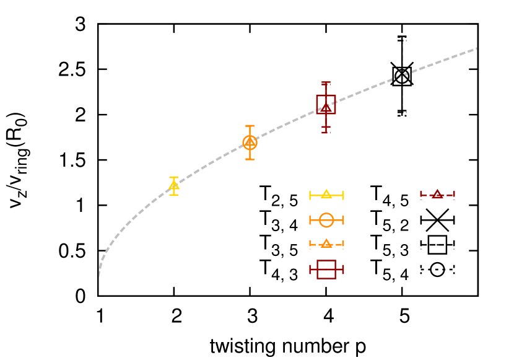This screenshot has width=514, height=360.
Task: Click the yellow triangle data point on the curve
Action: [x=174, y=185]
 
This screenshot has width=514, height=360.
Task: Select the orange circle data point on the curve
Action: [x=250, y=143]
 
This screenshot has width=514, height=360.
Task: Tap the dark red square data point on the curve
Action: [x=326, y=104]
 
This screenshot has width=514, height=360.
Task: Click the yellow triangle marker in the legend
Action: [x=326, y=195]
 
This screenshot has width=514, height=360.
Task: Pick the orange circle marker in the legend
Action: [x=326, y=220]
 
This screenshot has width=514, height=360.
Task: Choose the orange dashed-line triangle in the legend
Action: [x=326, y=244]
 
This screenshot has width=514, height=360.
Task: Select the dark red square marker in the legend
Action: [x=326, y=269]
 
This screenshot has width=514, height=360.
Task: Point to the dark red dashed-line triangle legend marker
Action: [x=437, y=195]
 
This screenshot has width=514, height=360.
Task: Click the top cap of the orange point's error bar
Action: [x=250, y=126]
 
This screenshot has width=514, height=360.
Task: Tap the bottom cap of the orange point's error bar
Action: [x=250, y=159]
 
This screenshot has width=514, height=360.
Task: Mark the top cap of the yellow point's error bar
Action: [x=174, y=178]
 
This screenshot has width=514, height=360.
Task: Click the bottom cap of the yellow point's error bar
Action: [x=174, y=195]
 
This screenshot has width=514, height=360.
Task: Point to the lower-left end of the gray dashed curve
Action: [x=98, y=276]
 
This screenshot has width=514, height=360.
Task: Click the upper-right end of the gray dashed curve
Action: [x=476, y=48]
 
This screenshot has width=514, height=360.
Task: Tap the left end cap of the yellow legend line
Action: [x=310, y=195]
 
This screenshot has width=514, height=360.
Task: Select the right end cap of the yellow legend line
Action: [x=343, y=195]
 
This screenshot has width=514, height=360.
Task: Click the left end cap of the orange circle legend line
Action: [x=310, y=220]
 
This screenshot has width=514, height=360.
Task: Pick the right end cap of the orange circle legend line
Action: [x=343, y=220]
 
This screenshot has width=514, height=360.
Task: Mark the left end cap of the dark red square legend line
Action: [x=310, y=269]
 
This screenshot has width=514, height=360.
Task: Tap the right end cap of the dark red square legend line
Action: [x=343, y=269]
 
